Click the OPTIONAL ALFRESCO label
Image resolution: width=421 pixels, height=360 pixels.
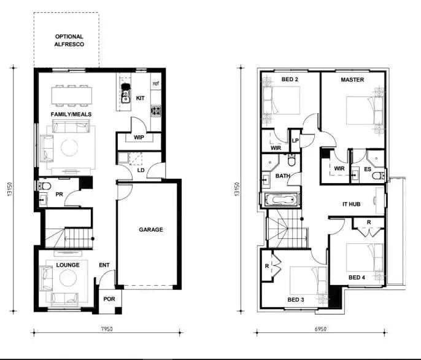click(69, 41)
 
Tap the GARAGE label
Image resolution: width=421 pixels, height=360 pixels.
click(151, 230)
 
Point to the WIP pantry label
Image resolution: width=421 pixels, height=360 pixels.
click(139, 138)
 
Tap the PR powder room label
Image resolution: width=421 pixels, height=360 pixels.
click(60, 194)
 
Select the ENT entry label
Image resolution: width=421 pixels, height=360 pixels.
click(105, 265)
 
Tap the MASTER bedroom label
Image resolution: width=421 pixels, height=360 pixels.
click(352, 80)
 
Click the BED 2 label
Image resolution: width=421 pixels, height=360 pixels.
click(290, 80)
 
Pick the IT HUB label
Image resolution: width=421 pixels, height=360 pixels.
click(353, 204)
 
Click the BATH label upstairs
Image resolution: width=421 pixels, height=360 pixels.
click(282, 176)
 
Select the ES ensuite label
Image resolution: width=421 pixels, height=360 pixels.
click(368, 169)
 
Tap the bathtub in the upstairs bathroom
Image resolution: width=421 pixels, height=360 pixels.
click(282, 200)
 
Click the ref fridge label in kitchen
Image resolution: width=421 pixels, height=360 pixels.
click(156, 84)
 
